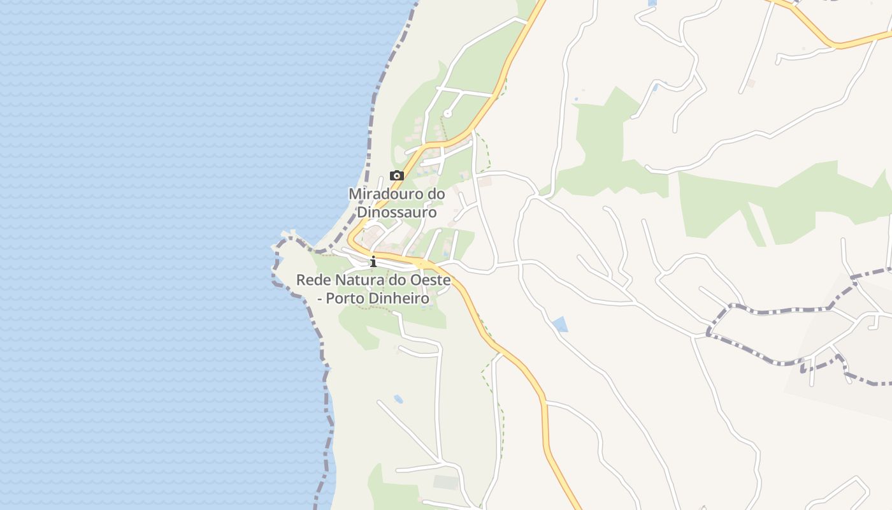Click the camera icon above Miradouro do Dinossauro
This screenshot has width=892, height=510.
(396, 176)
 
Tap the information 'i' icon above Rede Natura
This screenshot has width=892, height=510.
(373, 261)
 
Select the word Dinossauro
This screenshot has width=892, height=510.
(397, 212)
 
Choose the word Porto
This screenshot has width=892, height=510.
(347, 298)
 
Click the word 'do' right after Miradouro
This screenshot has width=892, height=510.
(436, 193)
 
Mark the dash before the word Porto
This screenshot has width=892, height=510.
(320, 298)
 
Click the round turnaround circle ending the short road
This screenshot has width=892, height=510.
(447, 114)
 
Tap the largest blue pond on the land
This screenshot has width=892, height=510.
(560, 324)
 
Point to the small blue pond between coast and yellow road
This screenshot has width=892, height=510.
(398, 400)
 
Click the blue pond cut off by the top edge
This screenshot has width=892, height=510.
(651, 3)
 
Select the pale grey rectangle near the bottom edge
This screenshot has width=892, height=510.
(446, 483)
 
